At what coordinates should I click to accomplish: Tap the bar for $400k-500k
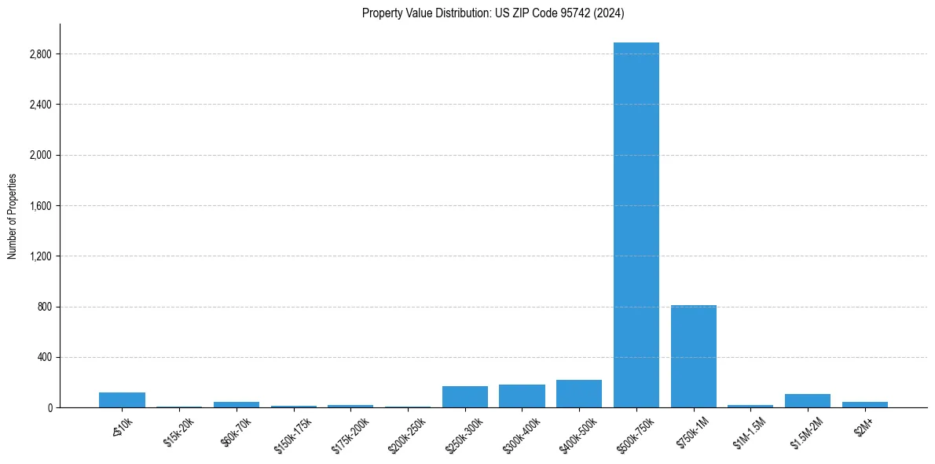click(x=579, y=394)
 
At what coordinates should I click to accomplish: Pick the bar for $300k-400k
click(x=522, y=396)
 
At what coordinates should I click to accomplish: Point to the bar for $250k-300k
click(x=464, y=397)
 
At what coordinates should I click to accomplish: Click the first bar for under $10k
click(x=122, y=400)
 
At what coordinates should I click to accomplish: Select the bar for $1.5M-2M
click(x=808, y=401)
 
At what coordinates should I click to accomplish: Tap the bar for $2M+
click(x=864, y=404)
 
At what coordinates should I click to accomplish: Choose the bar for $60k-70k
click(x=236, y=404)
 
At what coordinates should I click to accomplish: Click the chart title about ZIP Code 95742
click(x=493, y=13)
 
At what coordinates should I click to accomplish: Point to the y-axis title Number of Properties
click(x=13, y=215)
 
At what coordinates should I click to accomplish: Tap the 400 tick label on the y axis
click(x=45, y=357)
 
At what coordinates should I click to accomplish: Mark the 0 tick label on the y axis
click(x=49, y=407)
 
